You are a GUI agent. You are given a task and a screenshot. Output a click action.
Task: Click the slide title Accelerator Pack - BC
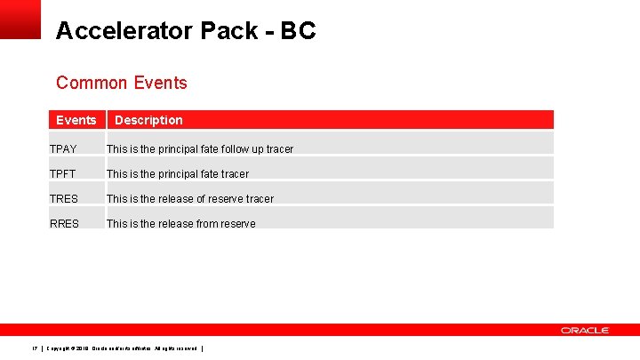tap(185, 31)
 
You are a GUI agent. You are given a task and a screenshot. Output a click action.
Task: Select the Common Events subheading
tap(121, 83)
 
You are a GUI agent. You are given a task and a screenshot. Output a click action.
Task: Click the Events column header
tap(76, 120)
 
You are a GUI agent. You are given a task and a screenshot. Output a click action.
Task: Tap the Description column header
tap(148, 120)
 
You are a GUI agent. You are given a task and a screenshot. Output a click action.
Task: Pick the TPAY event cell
tap(64, 149)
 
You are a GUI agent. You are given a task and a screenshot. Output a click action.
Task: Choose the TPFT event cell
tap(64, 174)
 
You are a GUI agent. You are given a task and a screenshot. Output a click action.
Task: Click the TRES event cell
tap(64, 199)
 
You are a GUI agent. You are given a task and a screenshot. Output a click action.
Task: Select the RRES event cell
tap(64, 224)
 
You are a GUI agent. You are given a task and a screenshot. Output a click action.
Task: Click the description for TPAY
tap(199, 149)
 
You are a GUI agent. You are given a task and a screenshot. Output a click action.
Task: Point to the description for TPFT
tap(178, 174)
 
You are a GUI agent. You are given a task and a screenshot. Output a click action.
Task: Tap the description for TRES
tap(190, 199)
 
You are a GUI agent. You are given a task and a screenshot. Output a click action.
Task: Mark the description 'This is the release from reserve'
tap(180, 224)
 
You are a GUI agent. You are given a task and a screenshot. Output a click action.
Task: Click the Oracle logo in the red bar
tap(584, 330)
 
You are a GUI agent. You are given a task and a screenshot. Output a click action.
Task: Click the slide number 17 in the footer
tap(34, 348)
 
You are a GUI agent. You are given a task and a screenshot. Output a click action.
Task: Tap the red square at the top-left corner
tap(20, 19)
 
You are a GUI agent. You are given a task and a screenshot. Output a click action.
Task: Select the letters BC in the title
tap(298, 31)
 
